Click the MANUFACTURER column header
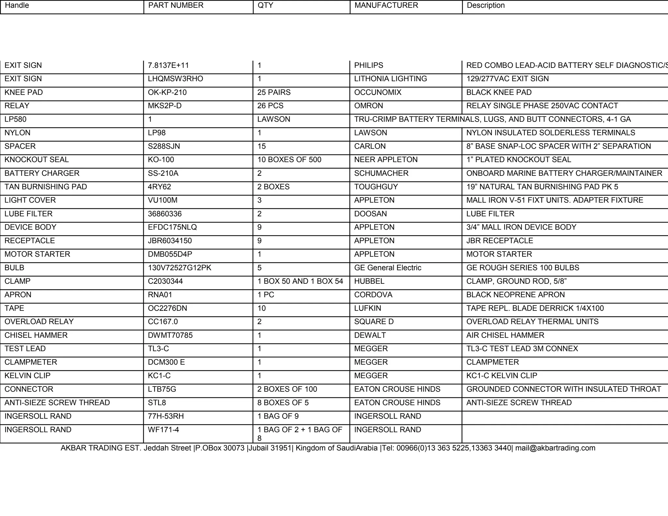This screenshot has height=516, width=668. click(386, 6)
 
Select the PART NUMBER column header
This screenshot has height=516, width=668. click(175, 6)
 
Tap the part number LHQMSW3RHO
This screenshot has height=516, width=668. click(175, 79)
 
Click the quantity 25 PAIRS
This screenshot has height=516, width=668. click(274, 93)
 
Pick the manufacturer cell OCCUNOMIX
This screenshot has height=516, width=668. click(378, 93)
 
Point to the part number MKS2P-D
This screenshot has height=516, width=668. click(164, 106)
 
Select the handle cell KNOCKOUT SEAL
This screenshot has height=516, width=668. click(37, 160)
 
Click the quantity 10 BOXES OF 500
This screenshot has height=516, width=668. click(289, 160)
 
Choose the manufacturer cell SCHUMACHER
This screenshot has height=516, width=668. click(381, 174)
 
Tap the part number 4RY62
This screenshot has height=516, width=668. click(159, 187)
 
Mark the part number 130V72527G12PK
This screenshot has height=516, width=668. click(179, 268)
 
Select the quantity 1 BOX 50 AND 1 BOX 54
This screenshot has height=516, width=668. click(300, 281)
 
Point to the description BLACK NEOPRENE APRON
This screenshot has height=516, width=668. click(515, 295)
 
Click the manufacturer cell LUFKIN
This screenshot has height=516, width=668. click(367, 309)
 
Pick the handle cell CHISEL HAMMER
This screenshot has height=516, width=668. click(36, 335)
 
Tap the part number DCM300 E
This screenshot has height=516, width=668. click(166, 362)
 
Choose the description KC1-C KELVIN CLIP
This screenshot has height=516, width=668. click(501, 376)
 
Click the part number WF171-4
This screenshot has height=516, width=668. click(163, 430)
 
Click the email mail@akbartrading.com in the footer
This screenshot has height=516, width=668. click(555, 448)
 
